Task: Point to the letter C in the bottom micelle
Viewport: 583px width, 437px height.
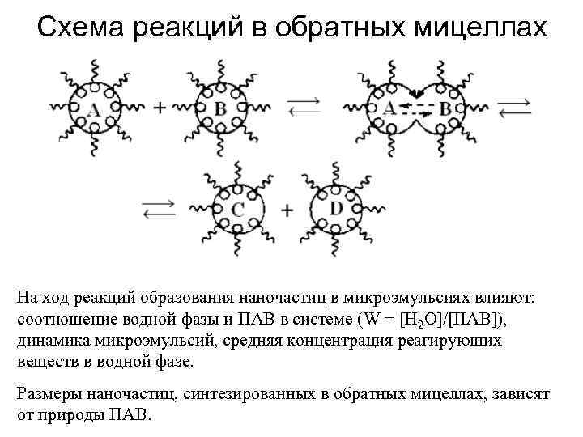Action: pos(237,210)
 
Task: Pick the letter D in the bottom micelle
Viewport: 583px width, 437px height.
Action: pos(336,208)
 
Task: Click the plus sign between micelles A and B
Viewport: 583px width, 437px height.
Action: pos(160,108)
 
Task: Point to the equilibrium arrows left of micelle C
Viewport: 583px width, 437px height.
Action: pos(160,210)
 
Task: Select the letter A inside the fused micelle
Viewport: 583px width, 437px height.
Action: pos(389,107)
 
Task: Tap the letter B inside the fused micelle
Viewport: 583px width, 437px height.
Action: pos(445,110)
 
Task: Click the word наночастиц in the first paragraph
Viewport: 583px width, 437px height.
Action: pos(277,298)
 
